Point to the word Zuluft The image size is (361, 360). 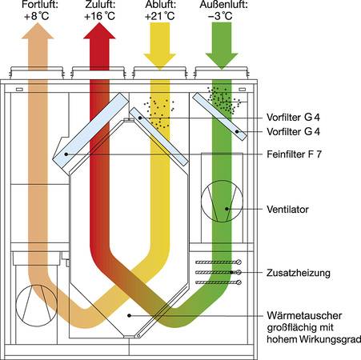click(99, 5)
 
